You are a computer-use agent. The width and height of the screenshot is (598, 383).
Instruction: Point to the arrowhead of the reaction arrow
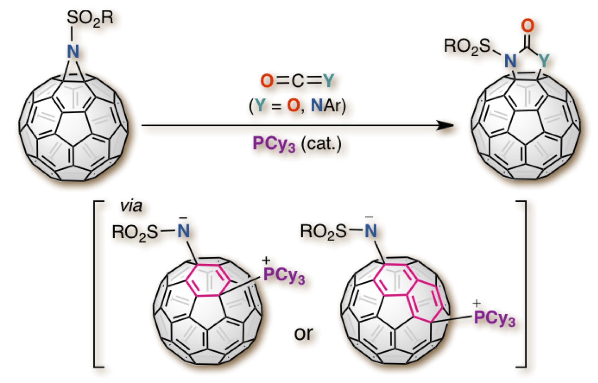pyautogui.click(x=445, y=125)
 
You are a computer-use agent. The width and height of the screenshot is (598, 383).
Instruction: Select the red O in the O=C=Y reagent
pyautogui.click(x=267, y=81)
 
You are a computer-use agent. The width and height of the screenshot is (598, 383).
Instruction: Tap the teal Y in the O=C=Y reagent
pyautogui.click(x=328, y=81)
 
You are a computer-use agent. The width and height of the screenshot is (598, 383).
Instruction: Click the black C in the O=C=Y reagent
pyautogui.click(x=298, y=82)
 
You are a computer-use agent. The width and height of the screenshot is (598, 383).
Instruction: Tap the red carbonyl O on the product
pyautogui.click(x=527, y=26)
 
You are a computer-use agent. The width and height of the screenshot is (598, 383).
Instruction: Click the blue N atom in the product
pyautogui.click(x=510, y=62)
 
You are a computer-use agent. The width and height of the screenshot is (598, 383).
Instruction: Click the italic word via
pyautogui.click(x=131, y=206)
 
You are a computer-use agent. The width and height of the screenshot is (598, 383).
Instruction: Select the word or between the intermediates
pyautogui.click(x=303, y=333)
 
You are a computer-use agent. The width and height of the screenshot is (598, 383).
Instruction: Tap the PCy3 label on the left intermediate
pyautogui.click(x=284, y=275)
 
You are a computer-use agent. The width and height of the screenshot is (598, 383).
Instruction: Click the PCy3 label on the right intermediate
pyautogui.click(x=494, y=318)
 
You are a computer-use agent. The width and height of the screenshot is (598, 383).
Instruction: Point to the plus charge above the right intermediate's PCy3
pyautogui.click(x=477, y=304)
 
